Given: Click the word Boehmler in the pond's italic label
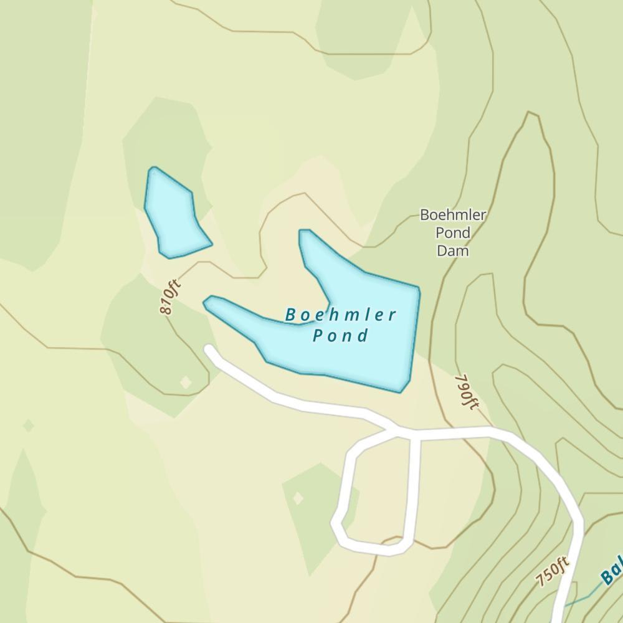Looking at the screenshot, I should (x=341, y=315).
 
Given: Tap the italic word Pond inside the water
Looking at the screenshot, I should (x=341, y=336).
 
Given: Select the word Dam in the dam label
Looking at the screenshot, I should (x=452, y=250).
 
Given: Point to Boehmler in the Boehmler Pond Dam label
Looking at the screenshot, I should (x=453, y=215).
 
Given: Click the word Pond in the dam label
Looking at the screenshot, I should (x=453, y=233).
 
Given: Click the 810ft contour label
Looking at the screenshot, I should (x=169, y=297).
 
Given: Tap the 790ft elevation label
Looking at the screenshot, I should (x=467, y=392).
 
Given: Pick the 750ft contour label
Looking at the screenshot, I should (x=553, y=571).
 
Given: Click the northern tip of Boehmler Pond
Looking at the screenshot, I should (x=305, y=234).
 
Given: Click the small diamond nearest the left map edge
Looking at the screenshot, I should (x=28, y=426).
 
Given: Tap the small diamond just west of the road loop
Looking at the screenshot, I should (x=298, y=498).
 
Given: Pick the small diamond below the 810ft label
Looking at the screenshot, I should (x=186, y=382).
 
